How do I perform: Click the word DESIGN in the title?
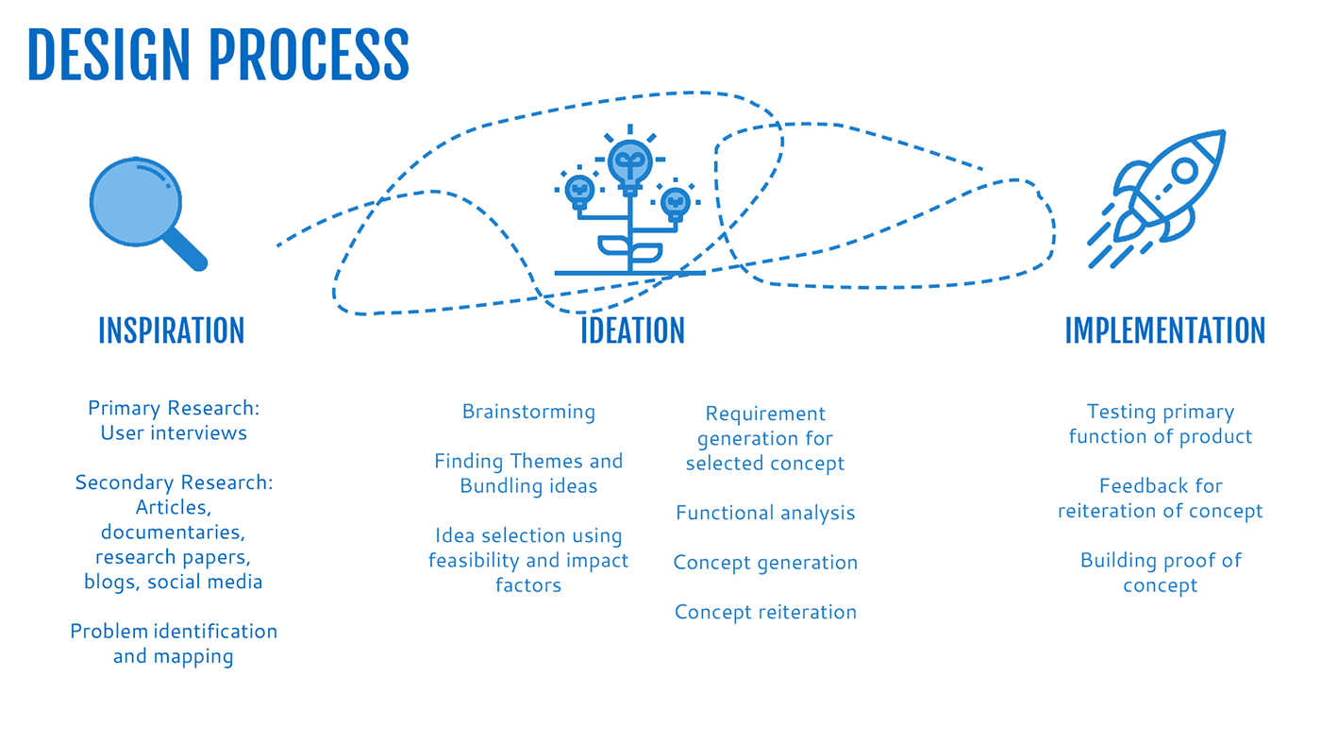click(x=109, y=54)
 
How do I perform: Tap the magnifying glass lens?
click(x=135, y=202)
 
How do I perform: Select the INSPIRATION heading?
click(x=171, y=330)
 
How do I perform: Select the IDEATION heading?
click(x=632, y=330)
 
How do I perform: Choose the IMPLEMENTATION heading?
click(x=1164, y=330)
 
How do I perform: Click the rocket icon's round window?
click(x=1183, y=171)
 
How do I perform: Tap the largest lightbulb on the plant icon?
click(x=630, y=161)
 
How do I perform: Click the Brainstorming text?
click(x=528, y=412)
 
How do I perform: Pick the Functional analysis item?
click(x=765, y=513)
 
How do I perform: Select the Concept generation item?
click(x=765, y=563)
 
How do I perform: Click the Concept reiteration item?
click(x=765, y=612)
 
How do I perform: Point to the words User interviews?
click(x=174, y=432)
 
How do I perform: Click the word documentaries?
click(x=174, y=533)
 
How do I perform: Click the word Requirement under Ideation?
click(x=765, y=414)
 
